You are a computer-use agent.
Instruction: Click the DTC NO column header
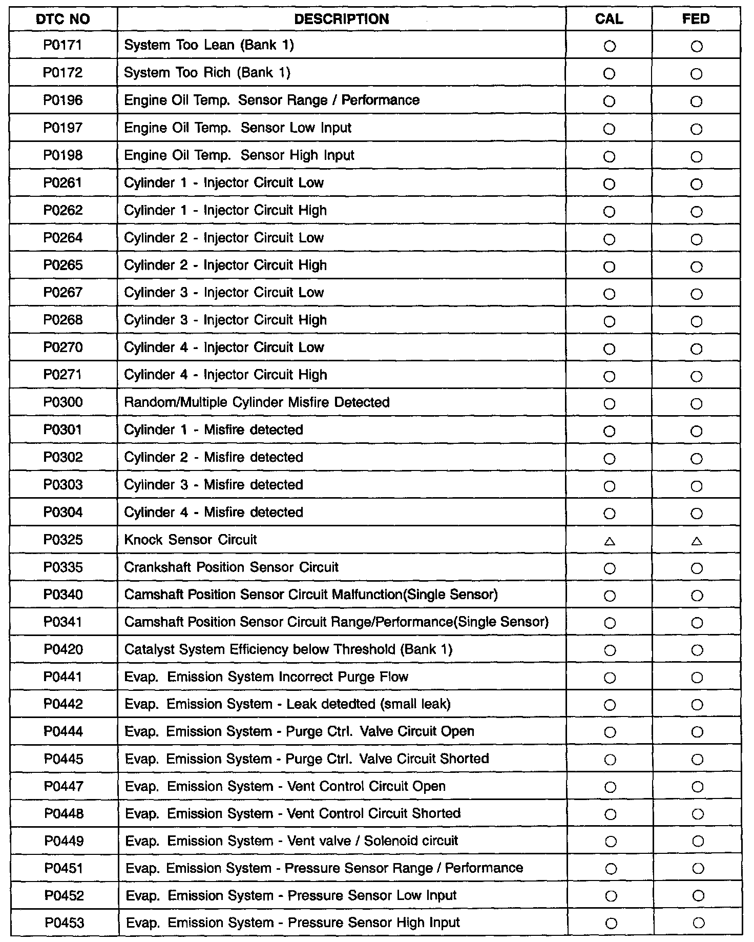click(x=64, y=19)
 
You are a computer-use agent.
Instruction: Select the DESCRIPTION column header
click(x=342, y=19)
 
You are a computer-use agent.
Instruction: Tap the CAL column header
click(x=609, y=19)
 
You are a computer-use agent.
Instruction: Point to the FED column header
click(x=696, y=19)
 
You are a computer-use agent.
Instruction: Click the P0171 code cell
click(x=63, y=46)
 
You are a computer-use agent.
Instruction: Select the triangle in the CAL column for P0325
click(x=610, y=541)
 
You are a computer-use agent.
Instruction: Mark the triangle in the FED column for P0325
click(x=697, y=541)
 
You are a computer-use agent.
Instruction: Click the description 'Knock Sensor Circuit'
click(x=191, y=540)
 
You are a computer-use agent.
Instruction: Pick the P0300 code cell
click(x=63, y=403)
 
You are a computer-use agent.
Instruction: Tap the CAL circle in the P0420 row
click(x=610, y=651)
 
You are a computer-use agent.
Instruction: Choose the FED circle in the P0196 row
click(x=696, y=101)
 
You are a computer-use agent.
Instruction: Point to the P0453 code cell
click(x=64, y=923)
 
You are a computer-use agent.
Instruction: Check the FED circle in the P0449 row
click(x=698, y=841)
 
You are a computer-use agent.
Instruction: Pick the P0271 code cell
click(x=63, y=375)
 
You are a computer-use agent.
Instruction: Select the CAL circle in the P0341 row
click(x=610, y=623)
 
